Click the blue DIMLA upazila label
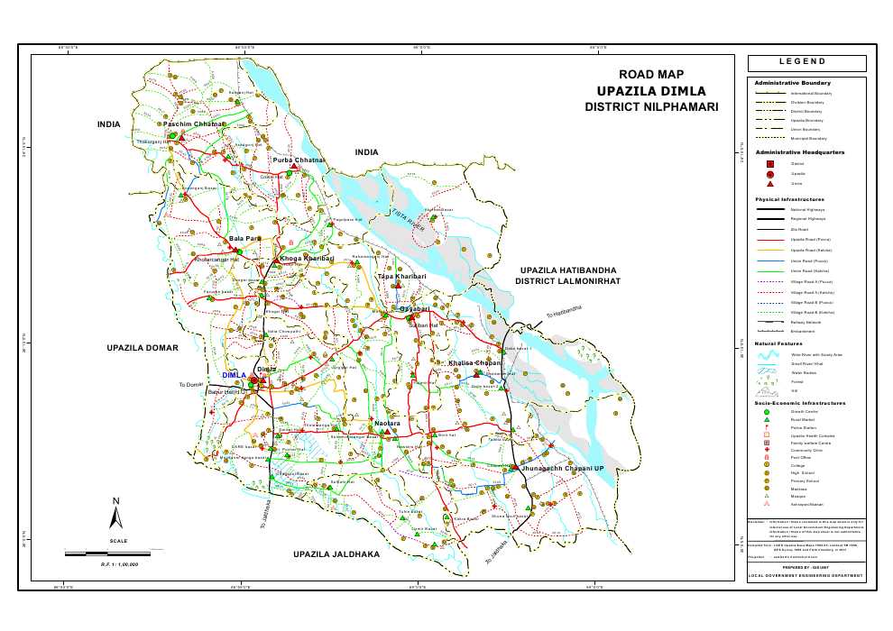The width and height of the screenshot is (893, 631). click(x=234, y=375)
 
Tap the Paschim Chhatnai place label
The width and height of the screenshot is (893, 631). click(x=208, y=123)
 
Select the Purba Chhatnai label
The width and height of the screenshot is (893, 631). click(x=299, y=160)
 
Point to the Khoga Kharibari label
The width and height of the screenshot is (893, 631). click(x=307, y=259)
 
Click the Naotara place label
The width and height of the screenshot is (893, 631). click(x=386, y=423)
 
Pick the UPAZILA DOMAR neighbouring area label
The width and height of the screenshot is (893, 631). click(x=143, y=347)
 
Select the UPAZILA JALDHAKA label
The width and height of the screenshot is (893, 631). click(x=336, y=553)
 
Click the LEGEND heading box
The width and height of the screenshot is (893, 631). click(x=806, y=63)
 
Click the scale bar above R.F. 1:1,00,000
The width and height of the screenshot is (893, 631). click(x=114, y=550)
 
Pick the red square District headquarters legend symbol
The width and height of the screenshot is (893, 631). click(x=770, y=163)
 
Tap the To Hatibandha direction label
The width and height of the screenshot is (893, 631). click(x=563, y=311)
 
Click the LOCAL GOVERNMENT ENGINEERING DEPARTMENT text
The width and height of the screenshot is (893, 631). click(x=806, y=575)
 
